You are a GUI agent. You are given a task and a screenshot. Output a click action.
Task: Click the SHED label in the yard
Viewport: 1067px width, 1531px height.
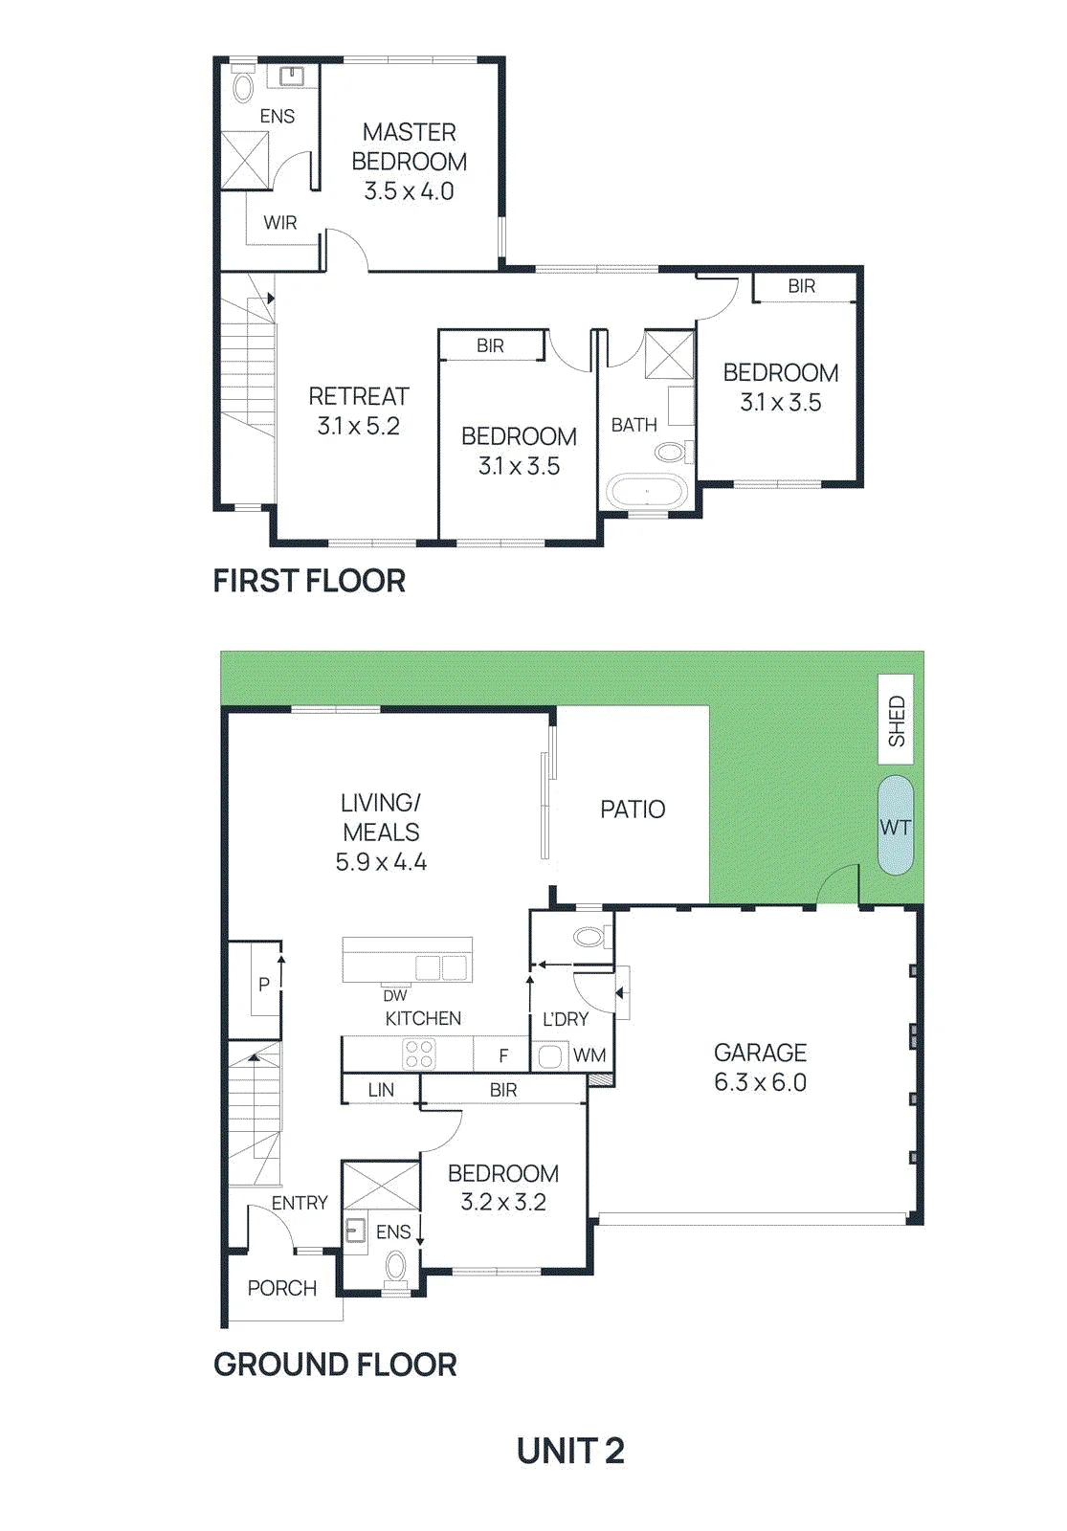(896, 721)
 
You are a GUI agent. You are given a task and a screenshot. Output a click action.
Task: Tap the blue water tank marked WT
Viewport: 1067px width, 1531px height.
(896, 826)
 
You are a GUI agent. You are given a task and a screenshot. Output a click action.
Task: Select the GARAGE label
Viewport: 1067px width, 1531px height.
(760, 1053)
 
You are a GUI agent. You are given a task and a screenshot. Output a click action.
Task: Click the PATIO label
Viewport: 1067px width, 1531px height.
(633, 810)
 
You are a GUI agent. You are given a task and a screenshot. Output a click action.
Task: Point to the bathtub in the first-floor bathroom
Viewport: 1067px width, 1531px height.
(646, 492)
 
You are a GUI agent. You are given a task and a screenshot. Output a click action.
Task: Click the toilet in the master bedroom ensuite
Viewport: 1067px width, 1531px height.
(243, 84)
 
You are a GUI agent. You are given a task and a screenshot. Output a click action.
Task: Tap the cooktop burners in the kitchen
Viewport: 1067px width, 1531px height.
(418, 1054)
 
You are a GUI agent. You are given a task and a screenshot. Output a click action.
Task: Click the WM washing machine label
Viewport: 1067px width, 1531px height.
(589, 1055)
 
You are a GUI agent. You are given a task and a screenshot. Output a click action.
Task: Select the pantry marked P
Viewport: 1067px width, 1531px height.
(264, 985)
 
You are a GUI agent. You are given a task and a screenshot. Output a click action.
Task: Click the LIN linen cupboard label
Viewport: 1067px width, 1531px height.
(381, 1090)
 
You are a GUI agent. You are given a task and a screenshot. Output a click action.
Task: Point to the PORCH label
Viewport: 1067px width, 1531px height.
(282, 1288)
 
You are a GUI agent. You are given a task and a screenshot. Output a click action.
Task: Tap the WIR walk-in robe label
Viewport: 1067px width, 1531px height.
(280, 223)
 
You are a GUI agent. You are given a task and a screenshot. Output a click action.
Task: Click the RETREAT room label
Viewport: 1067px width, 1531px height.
(359, 396)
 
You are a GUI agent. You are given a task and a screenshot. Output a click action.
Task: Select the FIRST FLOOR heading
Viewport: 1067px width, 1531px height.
(310, 581)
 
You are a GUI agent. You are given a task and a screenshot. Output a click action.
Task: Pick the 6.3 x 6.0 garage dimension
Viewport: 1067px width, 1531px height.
(760, 1082)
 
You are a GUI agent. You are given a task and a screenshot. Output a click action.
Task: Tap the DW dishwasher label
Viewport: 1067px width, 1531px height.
(395, 996)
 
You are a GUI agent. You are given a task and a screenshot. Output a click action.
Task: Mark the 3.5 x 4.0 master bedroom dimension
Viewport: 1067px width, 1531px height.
(409, 191)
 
